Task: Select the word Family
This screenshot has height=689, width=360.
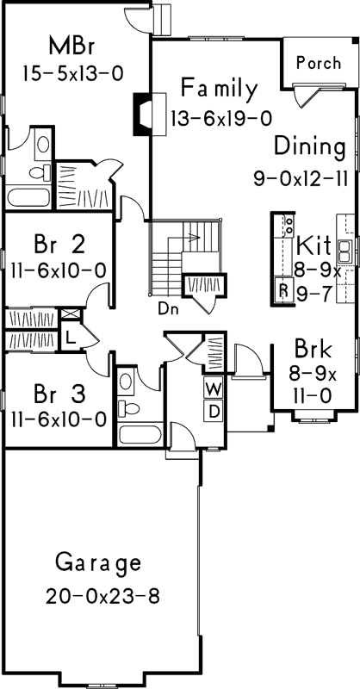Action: point(219,89)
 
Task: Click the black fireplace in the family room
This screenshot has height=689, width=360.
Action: point(140,114)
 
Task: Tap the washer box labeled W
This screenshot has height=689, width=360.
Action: point(212,389)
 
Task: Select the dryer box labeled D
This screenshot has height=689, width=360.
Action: point(212,411)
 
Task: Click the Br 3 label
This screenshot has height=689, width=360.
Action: point(59,394)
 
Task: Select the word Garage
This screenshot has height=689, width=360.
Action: point(97,563)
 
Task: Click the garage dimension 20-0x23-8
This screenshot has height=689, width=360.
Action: point(102,595)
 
